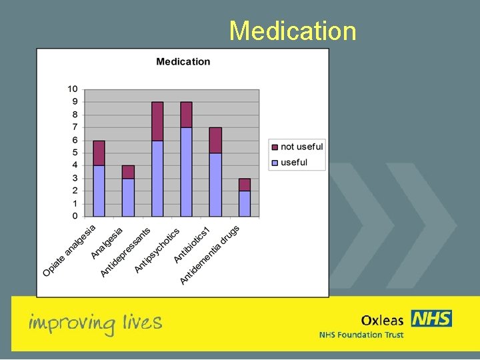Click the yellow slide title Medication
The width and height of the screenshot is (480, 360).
click(x=293, y=31)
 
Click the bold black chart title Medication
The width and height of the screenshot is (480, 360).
click(x=183, y=62)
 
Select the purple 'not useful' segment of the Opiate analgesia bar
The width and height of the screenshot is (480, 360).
click(x=99, y=153)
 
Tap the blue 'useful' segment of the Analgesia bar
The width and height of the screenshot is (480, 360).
click(x=128, y=197)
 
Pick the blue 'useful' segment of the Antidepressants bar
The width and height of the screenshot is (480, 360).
click(x=157, y=178)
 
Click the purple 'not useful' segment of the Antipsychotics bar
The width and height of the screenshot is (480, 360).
click(x=186, y=114)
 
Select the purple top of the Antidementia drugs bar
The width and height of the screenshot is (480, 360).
click(x=245, y=185)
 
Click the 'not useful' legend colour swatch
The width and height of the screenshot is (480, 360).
click(x=274, y=147)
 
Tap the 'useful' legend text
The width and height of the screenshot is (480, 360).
click(x=294, y=162)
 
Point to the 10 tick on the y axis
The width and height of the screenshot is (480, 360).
click(x=72, y=89)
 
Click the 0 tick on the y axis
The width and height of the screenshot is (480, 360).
click(x=75, y=216)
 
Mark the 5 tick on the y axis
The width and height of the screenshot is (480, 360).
click(x=75, y=153)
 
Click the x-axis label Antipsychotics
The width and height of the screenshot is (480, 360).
click(x=157, y=251)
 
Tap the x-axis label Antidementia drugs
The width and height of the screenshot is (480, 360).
click(x=210, y=255)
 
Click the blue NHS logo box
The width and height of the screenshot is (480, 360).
click(x=431, y=319)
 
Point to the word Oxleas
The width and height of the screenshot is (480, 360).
click(x=382, y=320)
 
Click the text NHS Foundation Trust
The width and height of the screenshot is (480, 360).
click(x=361, y=335)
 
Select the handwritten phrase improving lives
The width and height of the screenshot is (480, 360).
click(x=95, y=323)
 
